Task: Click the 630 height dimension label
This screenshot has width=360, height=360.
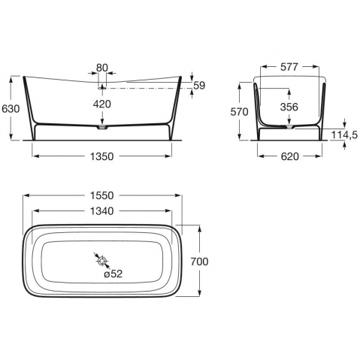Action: click(11, 109)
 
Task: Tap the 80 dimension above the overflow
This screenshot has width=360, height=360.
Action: click(102, 68)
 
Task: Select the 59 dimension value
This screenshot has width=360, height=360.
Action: click(199, 86)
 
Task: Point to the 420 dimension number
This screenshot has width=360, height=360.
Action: click(102, 104)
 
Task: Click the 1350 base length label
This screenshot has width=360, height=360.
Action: click(101, 156)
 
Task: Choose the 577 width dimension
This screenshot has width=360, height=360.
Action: click(289, 67)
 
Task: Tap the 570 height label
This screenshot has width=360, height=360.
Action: click(239, 112)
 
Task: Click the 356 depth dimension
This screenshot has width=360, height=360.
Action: click(289, 107)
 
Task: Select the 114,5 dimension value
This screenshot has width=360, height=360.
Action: click(344, 135)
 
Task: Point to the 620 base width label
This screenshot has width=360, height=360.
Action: click(290, 156)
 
